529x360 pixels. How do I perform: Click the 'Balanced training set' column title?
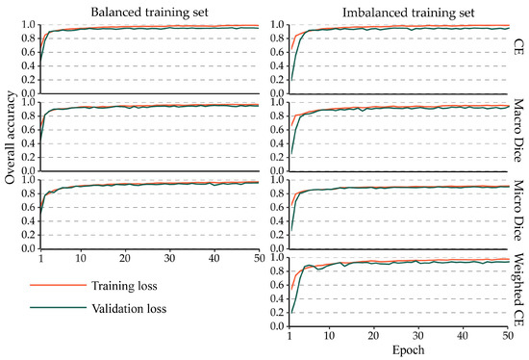point(140,11)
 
